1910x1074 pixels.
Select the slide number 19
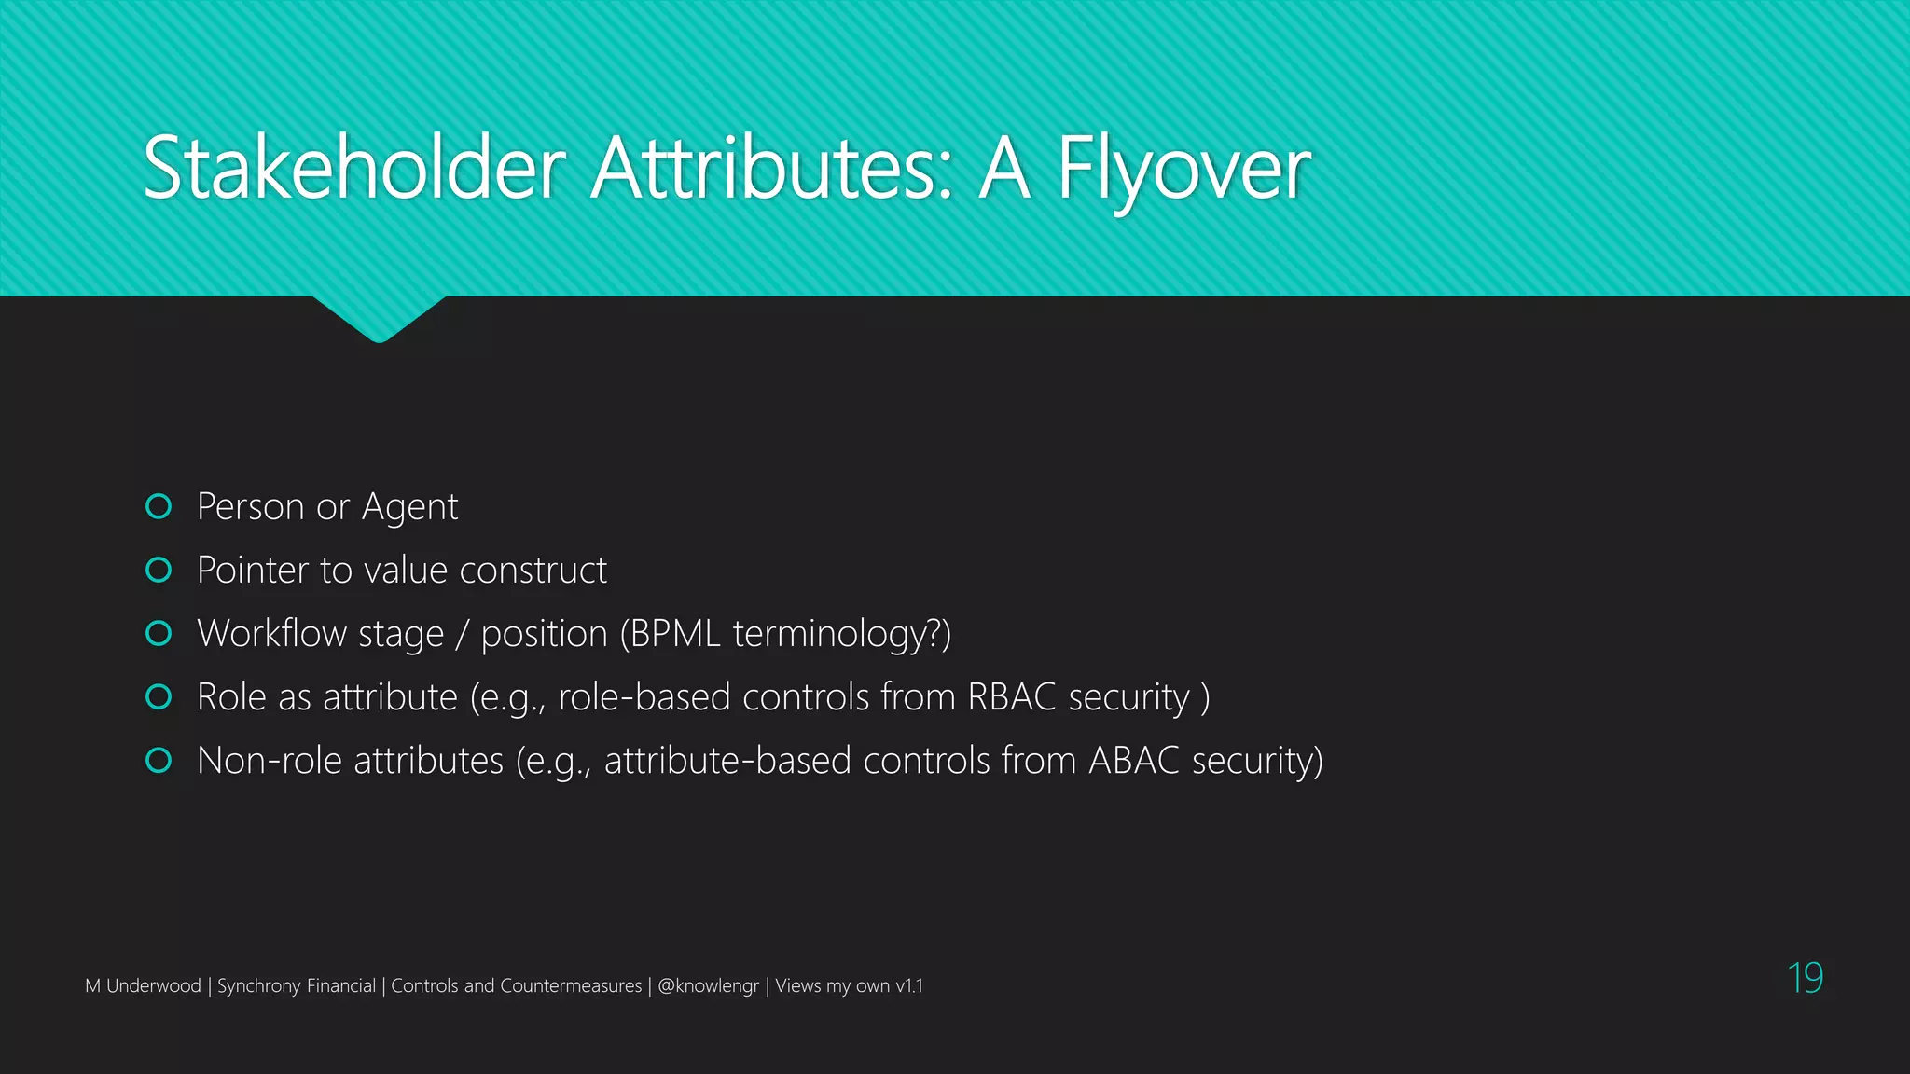pos(1805,978)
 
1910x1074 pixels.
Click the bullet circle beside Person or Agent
pos(159,506)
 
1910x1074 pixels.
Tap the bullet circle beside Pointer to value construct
pos(159,570)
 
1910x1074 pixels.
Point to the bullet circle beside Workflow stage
pos(159,633)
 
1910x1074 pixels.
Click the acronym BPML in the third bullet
pos(675,634)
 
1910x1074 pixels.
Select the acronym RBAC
pos(1012,697)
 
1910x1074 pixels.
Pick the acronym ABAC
pos(1134,761)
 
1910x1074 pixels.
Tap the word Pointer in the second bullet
pos(253,571)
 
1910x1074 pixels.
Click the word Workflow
pos(271,634)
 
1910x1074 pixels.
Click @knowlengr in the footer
pos(708,986)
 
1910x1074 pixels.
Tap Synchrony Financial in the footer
pos(296,986)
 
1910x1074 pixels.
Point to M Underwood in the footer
pos(143,986)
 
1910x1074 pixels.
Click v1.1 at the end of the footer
pos(908,986)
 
